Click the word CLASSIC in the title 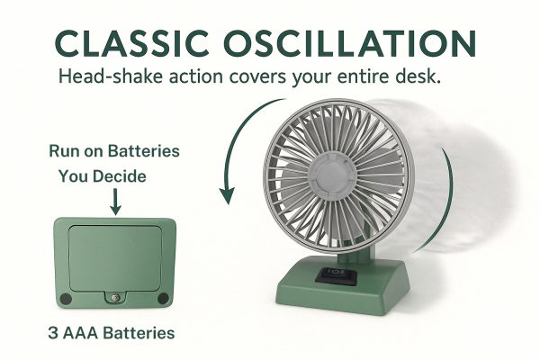(x=132, y=43)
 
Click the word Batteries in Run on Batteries (x=144, y=151)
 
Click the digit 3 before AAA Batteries (x=53, y=333)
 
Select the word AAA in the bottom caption (x=81, y=333)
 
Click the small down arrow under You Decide (x=115, y=202)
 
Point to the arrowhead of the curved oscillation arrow (x=228, y=195)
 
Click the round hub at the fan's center (x=331, y=175)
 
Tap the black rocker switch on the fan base (x=336, y=275)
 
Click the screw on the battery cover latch (x=115, y=297)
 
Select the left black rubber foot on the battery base (x=66, y=298)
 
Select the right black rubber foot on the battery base (x=163, y=298)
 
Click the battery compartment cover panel (x=115, y=259)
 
